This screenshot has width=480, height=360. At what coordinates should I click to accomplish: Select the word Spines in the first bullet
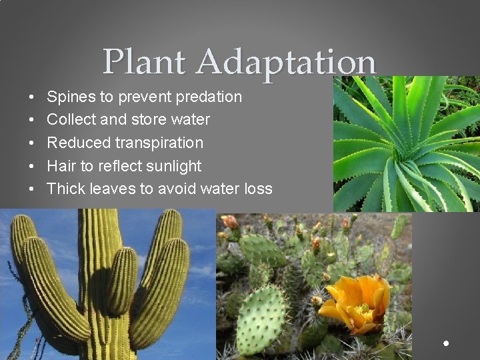[71, 97]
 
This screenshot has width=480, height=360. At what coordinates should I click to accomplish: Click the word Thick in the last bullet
[65, 189]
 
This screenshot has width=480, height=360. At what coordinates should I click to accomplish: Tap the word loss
[258, 189]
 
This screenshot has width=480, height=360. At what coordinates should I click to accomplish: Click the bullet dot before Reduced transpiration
[33, 143]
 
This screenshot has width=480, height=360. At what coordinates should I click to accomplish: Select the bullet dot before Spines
[33, 97]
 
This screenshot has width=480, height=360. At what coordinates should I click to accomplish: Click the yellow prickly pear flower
[357, 304]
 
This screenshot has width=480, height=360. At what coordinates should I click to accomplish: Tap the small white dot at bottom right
[445, 343]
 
